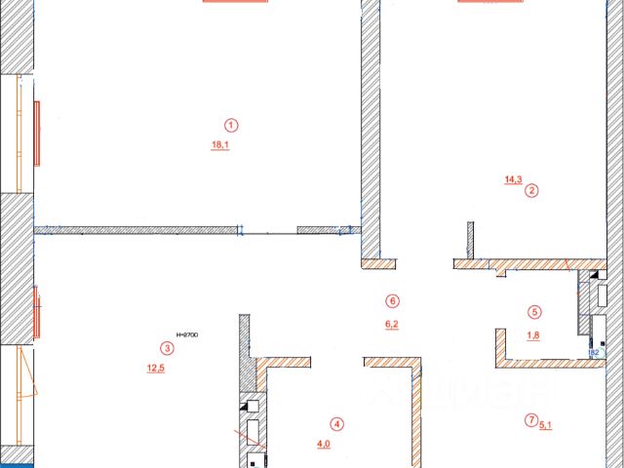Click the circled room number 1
coord(231,125)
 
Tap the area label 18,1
coord(220,145)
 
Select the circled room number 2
coord(531,191)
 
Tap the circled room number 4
coord(336,424)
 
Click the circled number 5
coord(534,313)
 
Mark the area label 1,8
coord(533,336)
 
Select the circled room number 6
coord(392,300)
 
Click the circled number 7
coord(530,420)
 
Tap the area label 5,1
coord(545,424)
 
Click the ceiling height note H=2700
coord(186,334)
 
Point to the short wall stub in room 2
coord(470,240)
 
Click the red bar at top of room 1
coord(235,2)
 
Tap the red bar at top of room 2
coord(491,2)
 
